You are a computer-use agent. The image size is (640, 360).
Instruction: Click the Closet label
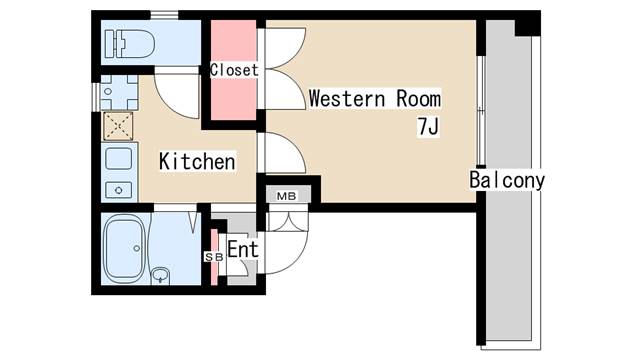234,70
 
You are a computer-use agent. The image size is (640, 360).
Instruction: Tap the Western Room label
375,99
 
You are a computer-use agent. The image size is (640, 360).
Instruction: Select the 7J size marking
428,127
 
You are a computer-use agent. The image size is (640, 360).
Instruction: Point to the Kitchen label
197,162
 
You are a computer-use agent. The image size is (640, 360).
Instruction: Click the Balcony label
507,180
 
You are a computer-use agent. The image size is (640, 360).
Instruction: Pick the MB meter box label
287,196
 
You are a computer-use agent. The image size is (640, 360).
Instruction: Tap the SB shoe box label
214,257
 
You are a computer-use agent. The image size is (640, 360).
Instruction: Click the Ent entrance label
243,249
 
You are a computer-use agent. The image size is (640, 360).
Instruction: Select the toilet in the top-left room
130,43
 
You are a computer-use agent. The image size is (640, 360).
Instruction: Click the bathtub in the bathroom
124,248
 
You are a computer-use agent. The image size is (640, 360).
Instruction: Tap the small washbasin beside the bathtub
160,276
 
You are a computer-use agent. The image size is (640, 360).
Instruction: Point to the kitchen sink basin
119,159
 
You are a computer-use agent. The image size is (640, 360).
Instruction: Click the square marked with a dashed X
118,127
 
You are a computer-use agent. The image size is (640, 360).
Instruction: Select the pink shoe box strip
214,257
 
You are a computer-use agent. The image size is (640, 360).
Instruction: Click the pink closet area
233,70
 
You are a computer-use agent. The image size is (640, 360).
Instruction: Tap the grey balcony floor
509,180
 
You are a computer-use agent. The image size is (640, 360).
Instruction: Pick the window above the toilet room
164,16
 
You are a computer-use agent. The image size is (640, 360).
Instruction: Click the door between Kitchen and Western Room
284,152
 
